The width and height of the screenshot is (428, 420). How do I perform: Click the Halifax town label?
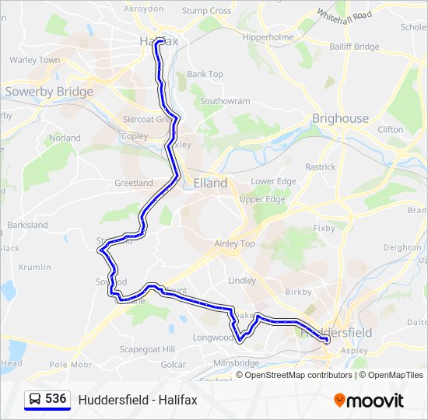tap(159, 40)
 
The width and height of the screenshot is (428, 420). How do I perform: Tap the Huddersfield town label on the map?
tap(336, 332)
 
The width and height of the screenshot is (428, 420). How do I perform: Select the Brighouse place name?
tap(340, 118)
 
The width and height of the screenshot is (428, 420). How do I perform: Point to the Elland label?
tap(210, 184)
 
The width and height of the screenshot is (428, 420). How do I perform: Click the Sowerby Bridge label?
tap(49, 91)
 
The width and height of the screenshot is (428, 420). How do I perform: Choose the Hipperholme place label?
tap(268, 37)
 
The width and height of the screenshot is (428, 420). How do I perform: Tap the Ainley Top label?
tap(234, 243)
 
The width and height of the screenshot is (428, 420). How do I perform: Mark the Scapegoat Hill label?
tap(147, 349)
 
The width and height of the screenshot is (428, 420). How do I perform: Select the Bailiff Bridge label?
tap(354, 47)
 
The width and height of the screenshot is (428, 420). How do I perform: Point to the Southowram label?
tap(225, 101)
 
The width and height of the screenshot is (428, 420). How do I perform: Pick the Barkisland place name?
tap(27, 225)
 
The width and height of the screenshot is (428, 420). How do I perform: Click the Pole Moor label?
tap(70, 364)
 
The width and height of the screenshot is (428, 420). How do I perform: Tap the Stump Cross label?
tap(206, 11)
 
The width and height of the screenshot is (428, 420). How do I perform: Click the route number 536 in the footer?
tap(55, 398)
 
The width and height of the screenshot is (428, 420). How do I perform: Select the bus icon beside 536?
tap(35, 400)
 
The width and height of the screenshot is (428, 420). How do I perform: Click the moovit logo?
tap(369, 401)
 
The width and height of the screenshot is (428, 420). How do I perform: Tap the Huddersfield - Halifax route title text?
tap(138, 400)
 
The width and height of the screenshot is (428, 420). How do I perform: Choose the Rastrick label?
tap(320, 166)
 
